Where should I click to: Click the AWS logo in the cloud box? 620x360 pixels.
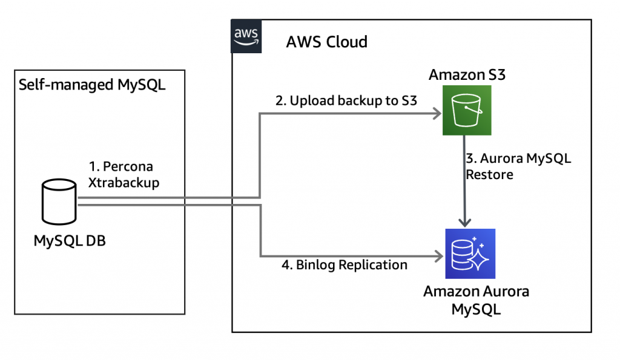(245, 36)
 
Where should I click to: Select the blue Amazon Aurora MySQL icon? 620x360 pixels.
(470, 253)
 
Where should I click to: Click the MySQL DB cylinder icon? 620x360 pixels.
(59, 203)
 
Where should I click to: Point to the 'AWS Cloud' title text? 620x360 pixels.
(326, 42)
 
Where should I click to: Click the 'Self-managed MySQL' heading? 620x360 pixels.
(92, 84)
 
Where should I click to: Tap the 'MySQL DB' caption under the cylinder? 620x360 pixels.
(70, 241)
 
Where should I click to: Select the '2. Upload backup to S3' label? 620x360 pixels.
(346, 101)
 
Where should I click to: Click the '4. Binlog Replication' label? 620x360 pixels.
(344, 265)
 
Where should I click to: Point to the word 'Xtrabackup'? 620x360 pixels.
(124, 183)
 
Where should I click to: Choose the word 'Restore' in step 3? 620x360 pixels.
(489, 175)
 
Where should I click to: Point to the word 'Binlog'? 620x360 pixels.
(316, 265)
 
